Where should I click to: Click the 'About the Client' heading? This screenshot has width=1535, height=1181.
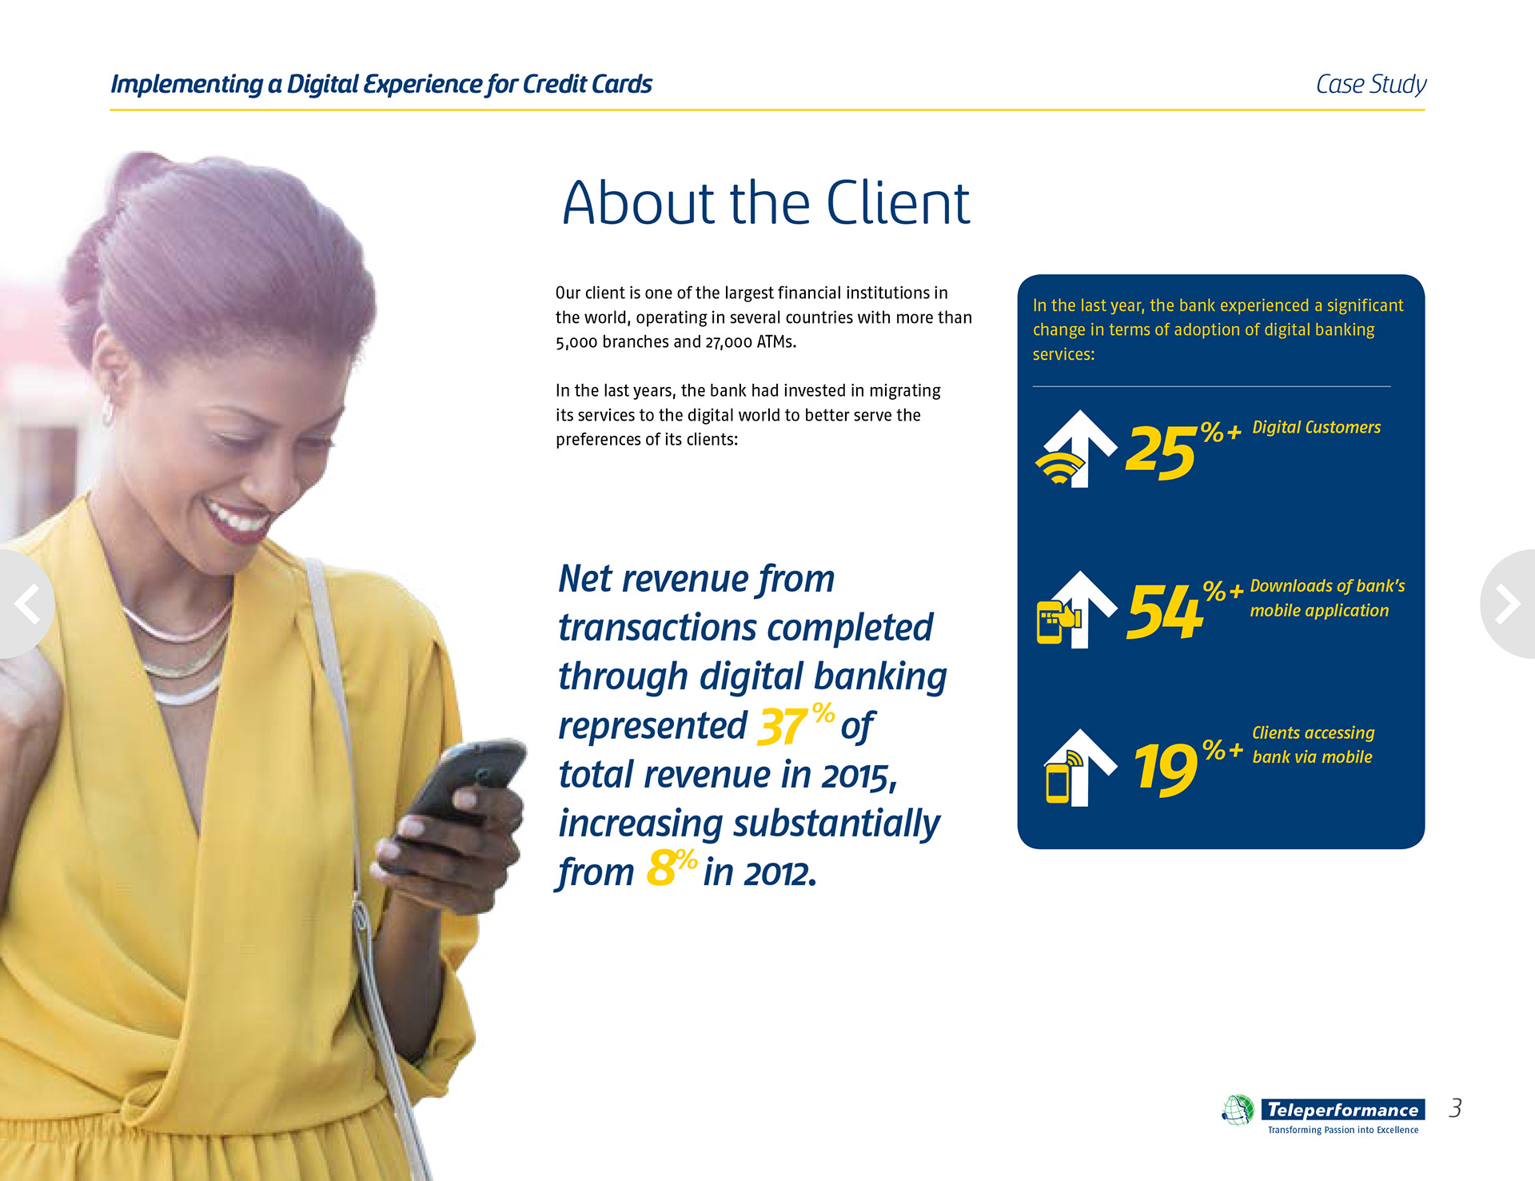(766, 203)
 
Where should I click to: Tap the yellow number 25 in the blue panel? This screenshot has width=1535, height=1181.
(1161, 452)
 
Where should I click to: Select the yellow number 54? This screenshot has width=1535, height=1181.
(1165, 611)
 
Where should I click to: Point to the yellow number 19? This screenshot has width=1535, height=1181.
(1165, 768)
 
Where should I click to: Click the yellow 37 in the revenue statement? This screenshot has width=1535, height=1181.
(783, 726)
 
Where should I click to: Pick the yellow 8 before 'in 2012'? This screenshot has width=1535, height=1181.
(660, 869)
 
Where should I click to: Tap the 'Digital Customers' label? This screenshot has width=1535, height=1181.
(1316, 427)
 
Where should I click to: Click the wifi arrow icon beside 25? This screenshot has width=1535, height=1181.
(1075, 449)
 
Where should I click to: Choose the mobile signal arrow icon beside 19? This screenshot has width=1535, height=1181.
(1079, 768)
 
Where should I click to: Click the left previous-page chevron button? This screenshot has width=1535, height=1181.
(26, 604)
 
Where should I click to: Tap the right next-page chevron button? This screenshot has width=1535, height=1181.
(1509, 604)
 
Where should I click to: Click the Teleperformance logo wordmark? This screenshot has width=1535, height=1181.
(1342, 1110)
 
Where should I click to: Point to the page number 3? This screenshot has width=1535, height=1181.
(1455, 1108)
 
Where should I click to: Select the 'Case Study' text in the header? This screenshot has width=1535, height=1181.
(1370, 84)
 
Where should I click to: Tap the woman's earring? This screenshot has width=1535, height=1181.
(106, 411)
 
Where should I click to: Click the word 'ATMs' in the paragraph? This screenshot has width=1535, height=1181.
(775, 341)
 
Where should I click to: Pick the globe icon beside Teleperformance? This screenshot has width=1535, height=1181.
(1238, 1110)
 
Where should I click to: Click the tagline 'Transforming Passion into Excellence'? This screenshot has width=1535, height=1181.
(1343, 1130)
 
